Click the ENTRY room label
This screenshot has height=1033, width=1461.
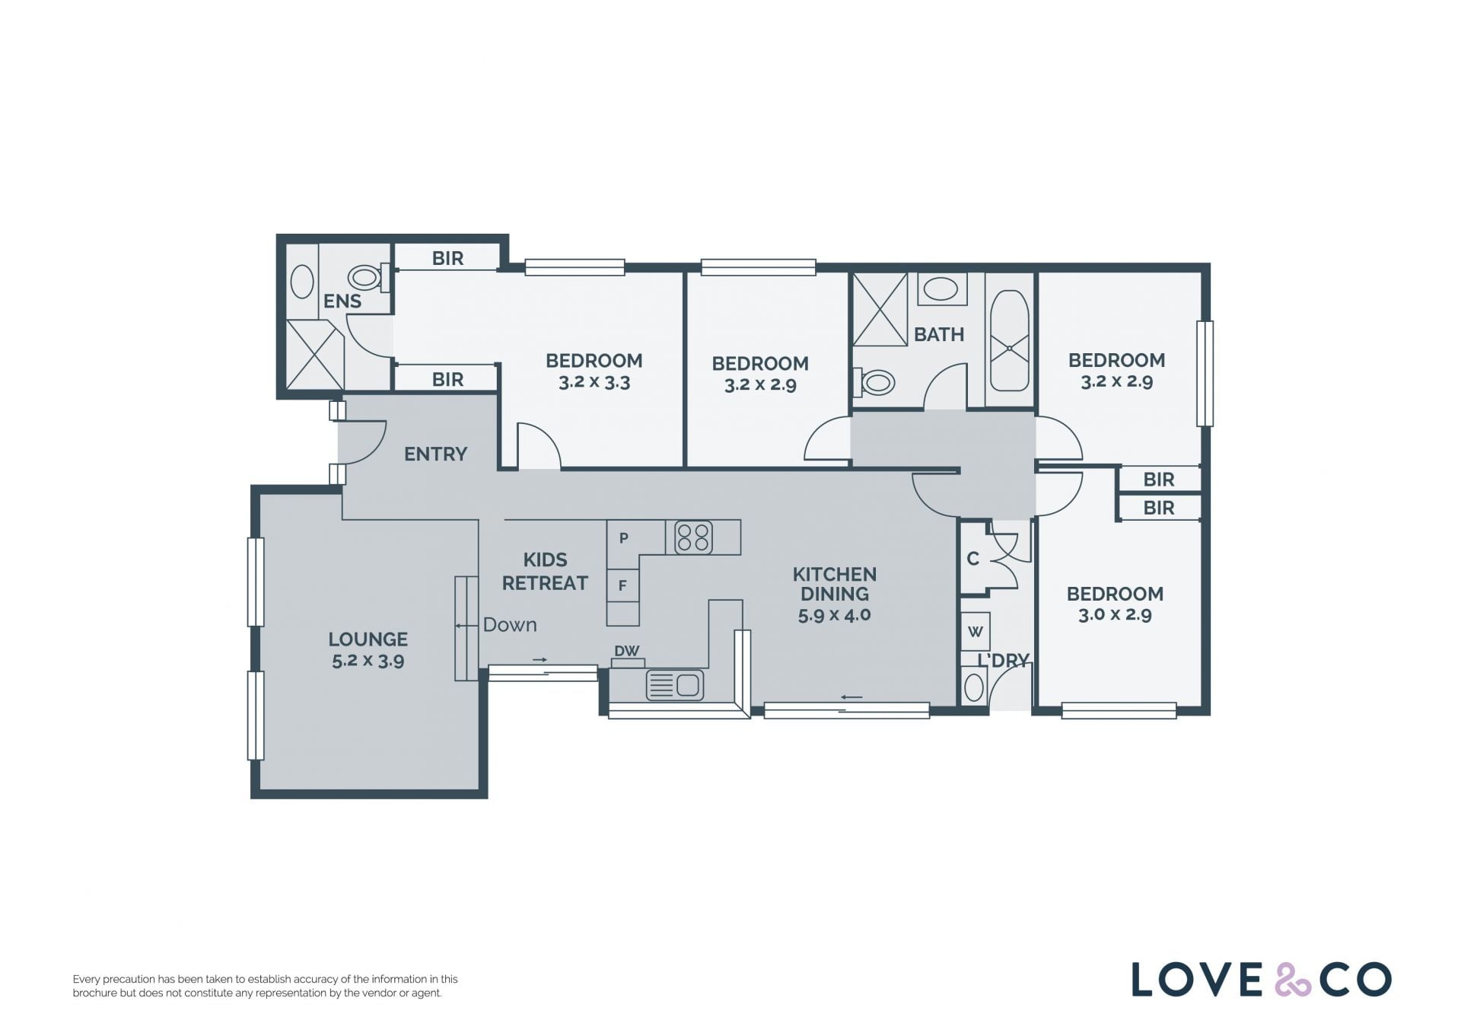coord(435,454)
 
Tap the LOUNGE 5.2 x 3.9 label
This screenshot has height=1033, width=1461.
coord(368,649)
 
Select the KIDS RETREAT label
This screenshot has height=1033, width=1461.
coord(545,572)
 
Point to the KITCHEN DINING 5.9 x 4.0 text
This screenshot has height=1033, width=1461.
coord(834,595)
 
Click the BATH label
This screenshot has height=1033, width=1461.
coord(939,334)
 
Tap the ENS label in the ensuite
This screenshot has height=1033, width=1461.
coord(342,301)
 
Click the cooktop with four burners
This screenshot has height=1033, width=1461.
coord(693,537)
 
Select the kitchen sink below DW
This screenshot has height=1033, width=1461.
coord(674,685)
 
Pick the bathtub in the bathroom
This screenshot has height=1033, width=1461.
coord(1010,340)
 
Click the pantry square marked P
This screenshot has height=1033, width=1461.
coord(623,538)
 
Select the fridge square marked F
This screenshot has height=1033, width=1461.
coord(622,586)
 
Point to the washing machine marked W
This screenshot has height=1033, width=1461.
coord(975,631)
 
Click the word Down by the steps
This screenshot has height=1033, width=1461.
coord(510,625)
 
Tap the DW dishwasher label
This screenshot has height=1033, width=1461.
coord(627,651)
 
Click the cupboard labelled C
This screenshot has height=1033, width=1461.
coord(972,559)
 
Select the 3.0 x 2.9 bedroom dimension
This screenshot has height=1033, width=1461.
coord(1115,614)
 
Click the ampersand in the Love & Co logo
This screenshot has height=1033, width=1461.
coord(1293,979)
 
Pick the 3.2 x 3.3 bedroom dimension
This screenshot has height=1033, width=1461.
coord(594,382)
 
